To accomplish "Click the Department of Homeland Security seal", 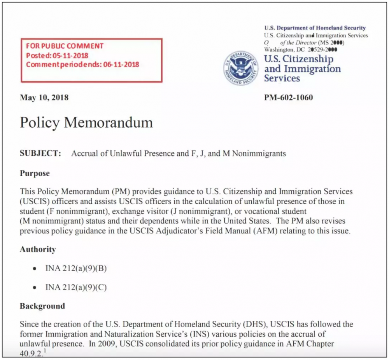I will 241,68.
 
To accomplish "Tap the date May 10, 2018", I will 44,97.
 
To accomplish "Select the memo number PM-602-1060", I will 288,97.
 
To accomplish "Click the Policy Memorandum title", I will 86,123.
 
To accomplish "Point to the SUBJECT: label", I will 40,153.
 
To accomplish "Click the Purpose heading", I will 35,173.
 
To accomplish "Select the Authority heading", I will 38,249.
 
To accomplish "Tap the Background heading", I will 42,306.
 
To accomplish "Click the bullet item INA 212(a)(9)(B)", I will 76,269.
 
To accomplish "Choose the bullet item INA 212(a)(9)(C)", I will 76,288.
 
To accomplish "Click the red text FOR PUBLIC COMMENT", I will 65,46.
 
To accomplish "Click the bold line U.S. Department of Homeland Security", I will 315,28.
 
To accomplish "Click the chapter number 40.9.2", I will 31,353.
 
